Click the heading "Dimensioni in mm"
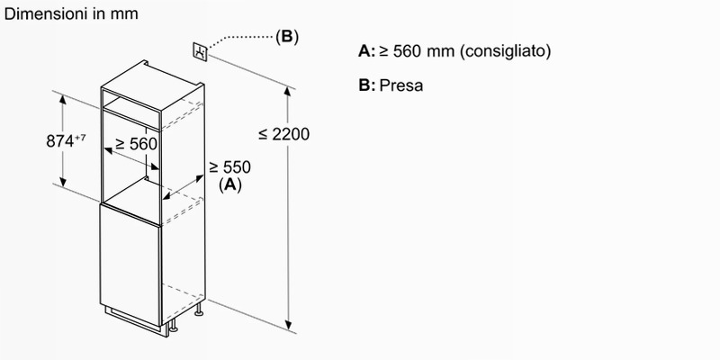click(x=71, y=13)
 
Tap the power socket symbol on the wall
click(x=200, y=51)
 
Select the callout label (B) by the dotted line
click(x=287, y=36)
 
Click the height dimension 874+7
click(x=66, y=140)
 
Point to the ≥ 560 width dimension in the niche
click(x=136, y=144)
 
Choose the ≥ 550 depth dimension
click(x=230, y=167)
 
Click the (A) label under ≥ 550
click(x=230, y=184)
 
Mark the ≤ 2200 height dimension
click(x=283, y=134)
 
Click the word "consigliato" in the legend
click(x=505, y=51)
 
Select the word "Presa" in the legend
click(x=400, y=85)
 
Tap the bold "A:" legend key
click(x=367, y=51)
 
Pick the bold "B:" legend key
click(x=367, y=85)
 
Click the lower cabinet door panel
click(x=130, y=264)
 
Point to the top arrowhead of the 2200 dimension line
click(x=288, y=91)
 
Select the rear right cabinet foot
click(x=199, y=310)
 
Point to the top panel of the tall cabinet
click(x=152, y=85)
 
